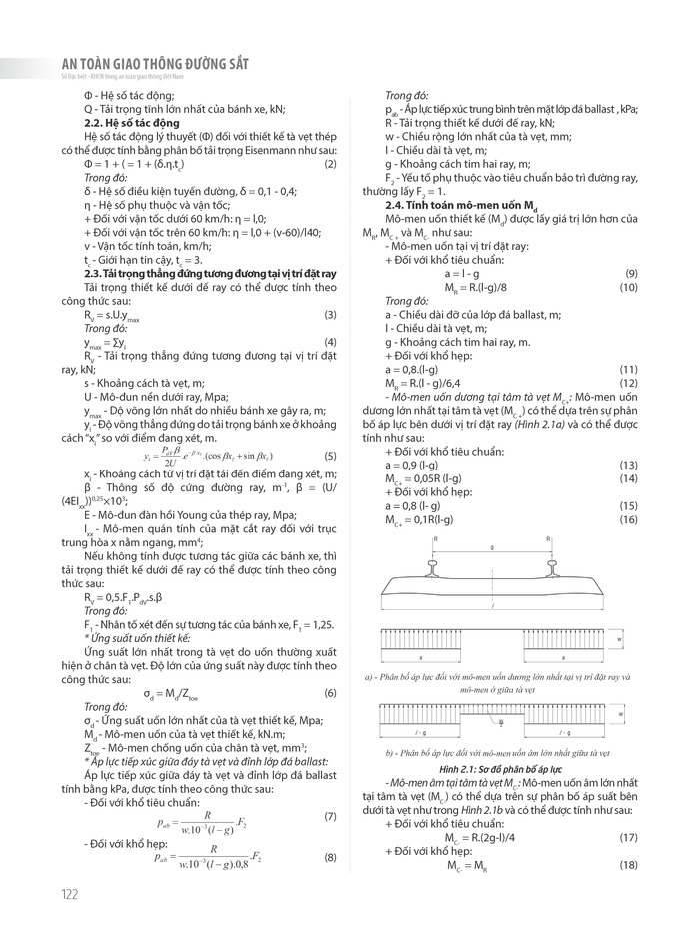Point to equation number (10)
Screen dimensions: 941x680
(x=630, y=287)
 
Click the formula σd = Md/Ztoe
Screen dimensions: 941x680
(x=168, y=693)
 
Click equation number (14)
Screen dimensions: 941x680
(x=630, y=478)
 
